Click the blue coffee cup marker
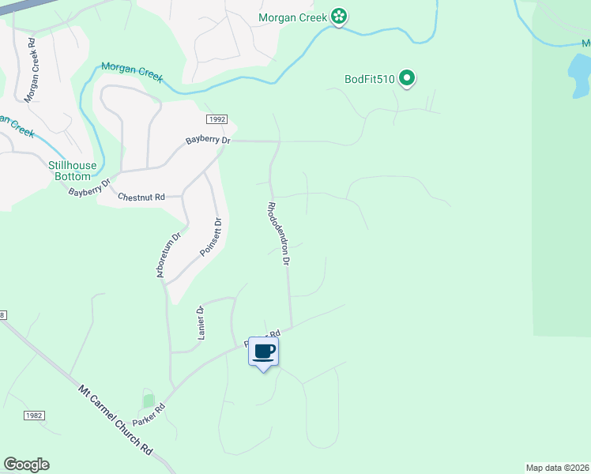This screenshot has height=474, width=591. click(x=263, y=351)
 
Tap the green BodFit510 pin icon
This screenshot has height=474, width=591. click(x=407, y=77)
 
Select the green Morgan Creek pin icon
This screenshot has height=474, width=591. click(x=339, y=15)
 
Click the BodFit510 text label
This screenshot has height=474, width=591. click(x=369, y=78)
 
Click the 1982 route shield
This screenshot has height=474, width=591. click(x=34, y=416)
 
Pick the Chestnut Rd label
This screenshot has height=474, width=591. click(x=141, y=197)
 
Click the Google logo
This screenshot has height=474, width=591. click(x=26, y=465)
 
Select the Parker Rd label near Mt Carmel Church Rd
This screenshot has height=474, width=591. click(x=148, y=416)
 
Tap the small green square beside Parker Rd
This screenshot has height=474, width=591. click(x=148, y=401)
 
